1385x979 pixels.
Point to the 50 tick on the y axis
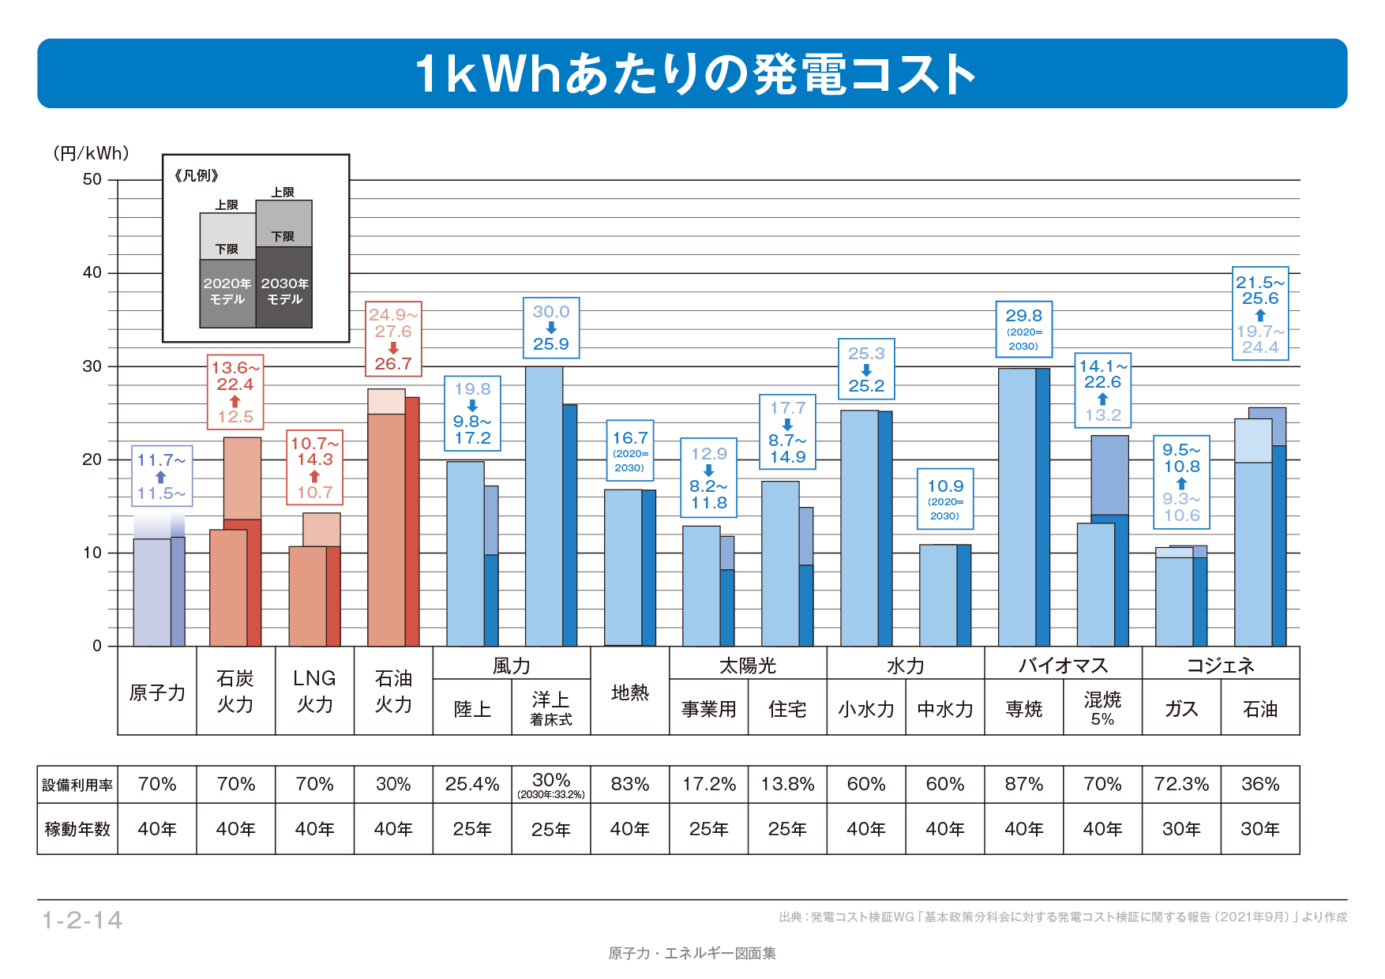(x=92, y=180)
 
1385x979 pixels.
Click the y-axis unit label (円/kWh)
(x=91, y=153)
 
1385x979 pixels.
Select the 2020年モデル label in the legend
(x=227, y=291)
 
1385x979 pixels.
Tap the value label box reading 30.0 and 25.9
(x=551, y=328)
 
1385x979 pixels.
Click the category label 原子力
(x=157, y=692)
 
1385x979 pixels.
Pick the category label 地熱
(x=630, y=692)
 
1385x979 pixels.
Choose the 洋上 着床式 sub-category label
(x=551, y=707)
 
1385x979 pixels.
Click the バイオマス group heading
(x=1063, y=666)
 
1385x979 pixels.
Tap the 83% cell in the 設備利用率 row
(x=630, y=784)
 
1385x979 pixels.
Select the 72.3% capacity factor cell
(x=1181, y=784)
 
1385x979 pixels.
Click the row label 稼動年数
(x=77, y=829)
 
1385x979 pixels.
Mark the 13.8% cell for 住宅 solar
(x=787, y=784)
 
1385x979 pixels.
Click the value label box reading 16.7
(x=629, y=452)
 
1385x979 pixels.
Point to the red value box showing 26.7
(x=393, y=339)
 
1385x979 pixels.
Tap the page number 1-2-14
(x=82, y=920)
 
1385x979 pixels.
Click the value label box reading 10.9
(x=945, y=499)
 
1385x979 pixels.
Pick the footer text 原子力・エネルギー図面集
(x=692, y=953)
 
